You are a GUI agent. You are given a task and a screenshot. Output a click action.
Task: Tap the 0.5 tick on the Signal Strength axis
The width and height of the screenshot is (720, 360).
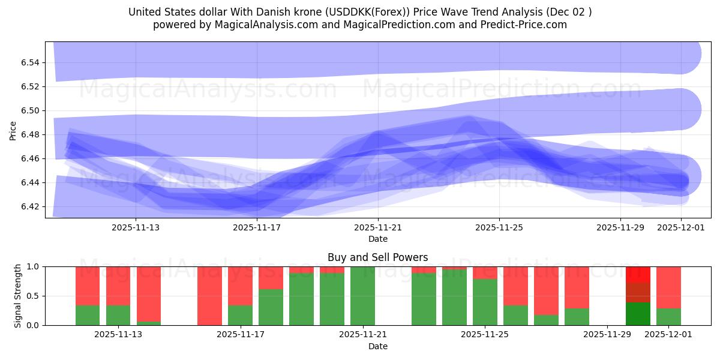[x=34, y=296]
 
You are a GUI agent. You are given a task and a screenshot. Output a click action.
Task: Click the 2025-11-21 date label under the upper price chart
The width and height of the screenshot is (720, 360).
[x=378, y=228]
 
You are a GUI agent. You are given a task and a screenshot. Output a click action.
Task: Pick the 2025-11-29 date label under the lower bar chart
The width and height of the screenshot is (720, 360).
[x=607, y=335]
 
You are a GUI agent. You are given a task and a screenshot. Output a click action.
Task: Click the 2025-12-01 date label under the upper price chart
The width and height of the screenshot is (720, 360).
[x=681, y=228]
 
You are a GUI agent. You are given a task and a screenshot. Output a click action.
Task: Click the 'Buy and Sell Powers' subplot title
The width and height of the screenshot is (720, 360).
[x=377, y=257]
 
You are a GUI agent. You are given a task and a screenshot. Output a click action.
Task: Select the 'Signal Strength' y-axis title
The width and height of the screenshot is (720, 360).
[x=18, y=296]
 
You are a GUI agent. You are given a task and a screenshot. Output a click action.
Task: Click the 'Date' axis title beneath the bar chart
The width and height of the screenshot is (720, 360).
[x=377, y=346]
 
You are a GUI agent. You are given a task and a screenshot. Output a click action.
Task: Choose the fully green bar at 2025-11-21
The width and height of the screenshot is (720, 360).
[x=362, y=296]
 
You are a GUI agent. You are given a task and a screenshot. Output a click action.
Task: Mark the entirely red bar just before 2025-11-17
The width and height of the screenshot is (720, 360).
[x=209, y=296]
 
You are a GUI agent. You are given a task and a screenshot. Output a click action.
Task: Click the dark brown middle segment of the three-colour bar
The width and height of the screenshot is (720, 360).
[x=638, y=292]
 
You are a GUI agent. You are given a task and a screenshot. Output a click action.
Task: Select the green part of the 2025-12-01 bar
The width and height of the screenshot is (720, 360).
[x=668, y=317]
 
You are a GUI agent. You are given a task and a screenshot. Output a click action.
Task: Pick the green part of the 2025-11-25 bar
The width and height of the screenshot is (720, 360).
[x=485, y=302]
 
